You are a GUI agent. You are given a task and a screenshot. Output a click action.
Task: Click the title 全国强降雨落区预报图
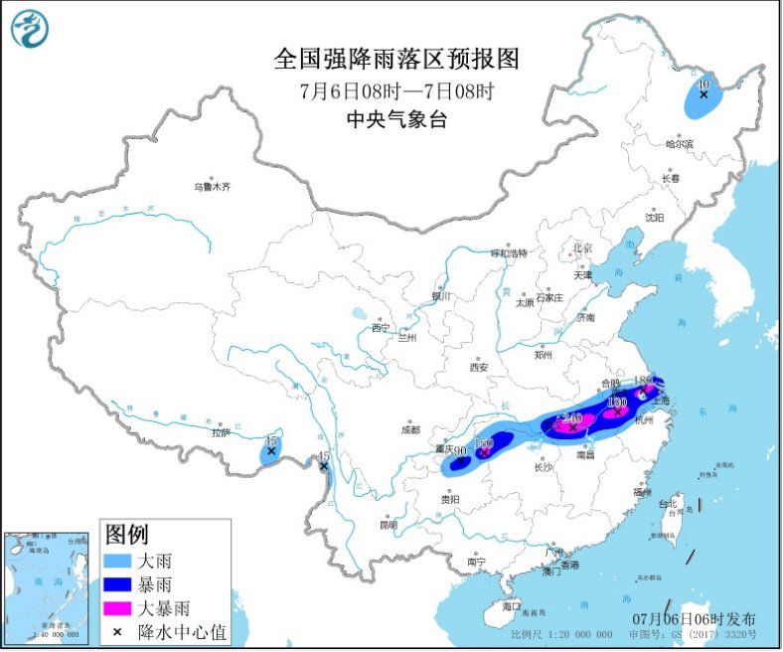coord(396,60)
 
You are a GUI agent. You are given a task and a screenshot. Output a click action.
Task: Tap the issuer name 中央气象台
coord(396,118)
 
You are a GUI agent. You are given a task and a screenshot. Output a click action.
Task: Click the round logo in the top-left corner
coord(31,29)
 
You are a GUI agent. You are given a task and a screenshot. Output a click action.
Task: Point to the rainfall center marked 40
coord(704,86)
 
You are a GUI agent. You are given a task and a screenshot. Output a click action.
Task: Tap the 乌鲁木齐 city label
coord(211,186)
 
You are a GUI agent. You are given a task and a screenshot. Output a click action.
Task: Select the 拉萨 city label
coord(220,432)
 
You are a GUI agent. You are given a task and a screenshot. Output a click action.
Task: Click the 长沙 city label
coord(543,466)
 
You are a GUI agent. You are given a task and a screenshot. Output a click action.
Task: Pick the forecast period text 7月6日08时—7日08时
coord(396,90)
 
